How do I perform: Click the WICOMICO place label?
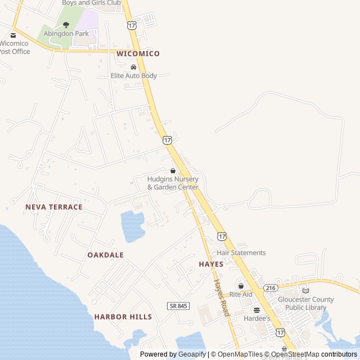tap(138, 53)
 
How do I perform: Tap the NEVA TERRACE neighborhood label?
tap(54, 207)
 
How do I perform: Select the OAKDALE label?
tap(105, 255)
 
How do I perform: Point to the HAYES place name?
tap(211, 264)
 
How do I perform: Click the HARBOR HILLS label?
tap(123, 317)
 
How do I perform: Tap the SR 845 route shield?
tap(178, 305)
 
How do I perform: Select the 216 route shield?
tap(271, 287)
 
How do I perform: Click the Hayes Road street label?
tap(221, 298)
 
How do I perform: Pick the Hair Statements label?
tap(241, 253)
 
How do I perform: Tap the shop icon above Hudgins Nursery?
tap(173, 170)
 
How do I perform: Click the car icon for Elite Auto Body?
tap(133, 67)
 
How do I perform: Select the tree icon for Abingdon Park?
tap(66, 25)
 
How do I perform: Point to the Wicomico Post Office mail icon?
tap(13, 35)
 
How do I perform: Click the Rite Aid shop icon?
tap(241, 286)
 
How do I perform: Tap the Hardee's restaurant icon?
tap(257, 310)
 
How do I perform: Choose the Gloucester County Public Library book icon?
tap(305, 291)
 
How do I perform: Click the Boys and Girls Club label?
tap(91, 3)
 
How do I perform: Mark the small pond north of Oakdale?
tap(133, 226)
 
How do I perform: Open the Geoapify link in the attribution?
tap(192, 354)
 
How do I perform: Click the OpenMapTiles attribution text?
tap(240, 354)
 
